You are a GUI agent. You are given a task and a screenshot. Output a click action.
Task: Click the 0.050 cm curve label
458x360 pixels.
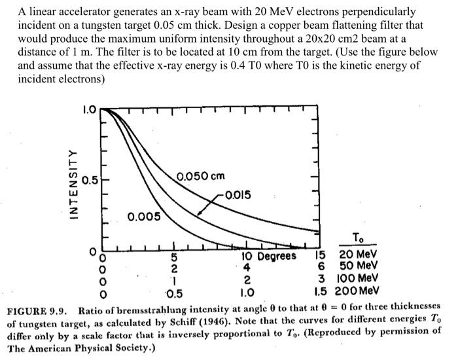pos(201,176)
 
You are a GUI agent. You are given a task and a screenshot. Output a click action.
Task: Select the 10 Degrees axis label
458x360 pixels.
pos(269,256)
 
